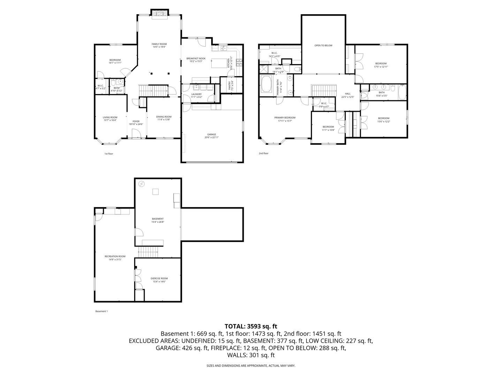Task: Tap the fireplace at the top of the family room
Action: coord(160,13)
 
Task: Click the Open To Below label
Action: coord(324,46)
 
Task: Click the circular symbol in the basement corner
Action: coord(142,184)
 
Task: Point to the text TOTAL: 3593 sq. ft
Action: coord(251,327)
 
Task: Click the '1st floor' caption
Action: coord(109,154)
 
